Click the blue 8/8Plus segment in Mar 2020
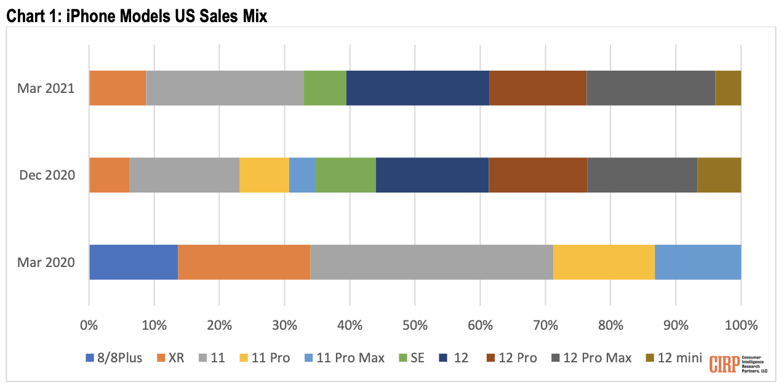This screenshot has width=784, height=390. tap(134, 262)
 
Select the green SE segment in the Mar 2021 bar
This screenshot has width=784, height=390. tap(325, 88)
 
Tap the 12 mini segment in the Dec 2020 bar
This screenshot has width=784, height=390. tap(719, 175)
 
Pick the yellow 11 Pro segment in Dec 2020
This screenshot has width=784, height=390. tap(264, 175)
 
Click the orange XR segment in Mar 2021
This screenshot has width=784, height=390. tap(118, 88)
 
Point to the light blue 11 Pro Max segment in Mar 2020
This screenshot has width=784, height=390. tap(698, 262)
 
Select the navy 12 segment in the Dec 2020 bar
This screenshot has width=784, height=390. tap(432, 175)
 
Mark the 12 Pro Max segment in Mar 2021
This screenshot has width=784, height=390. tap(650, 88)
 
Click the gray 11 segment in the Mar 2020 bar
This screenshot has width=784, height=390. tap(431, 262)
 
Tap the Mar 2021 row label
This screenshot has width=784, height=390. tap(46, 88)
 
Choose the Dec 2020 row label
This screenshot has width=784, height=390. tap(47, 175)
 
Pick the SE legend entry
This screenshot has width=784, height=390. tap(412, 358)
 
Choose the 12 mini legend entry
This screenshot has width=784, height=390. tap(673, 358)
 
